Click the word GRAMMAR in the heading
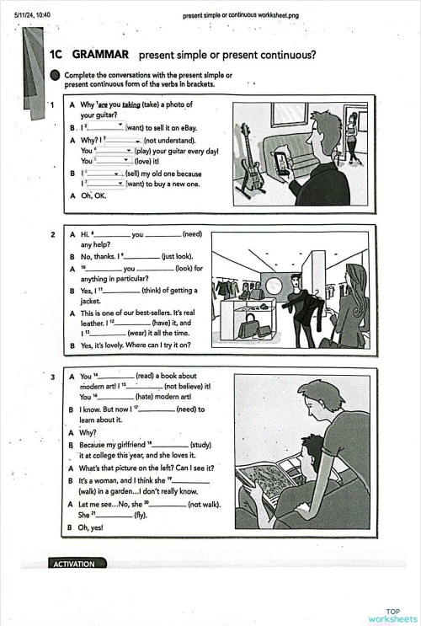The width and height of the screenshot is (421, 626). [x=100, y=55]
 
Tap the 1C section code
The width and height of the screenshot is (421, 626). [x=57, y=55]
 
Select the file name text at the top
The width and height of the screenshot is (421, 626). [x=234, y=15]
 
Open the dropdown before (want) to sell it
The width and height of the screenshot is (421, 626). [x=107, y=126]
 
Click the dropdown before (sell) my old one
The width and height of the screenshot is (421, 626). [x=104, y=173]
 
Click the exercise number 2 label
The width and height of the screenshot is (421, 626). [x=52, y=233]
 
